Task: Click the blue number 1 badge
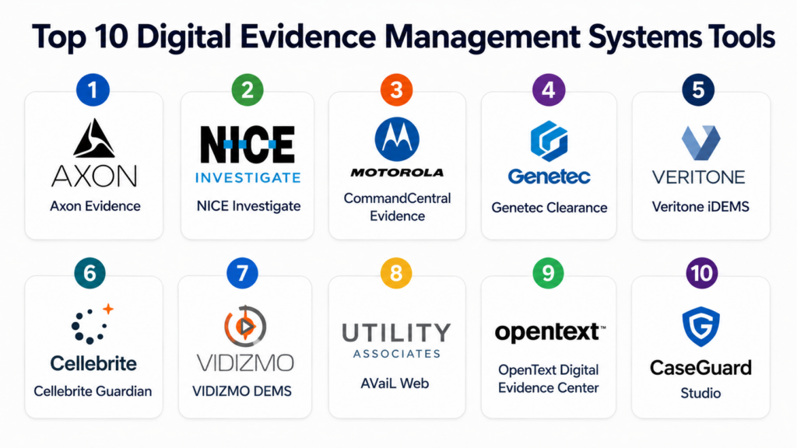[x=93, y=90]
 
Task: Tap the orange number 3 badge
[x=396, y=90]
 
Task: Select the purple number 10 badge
[x=701, y=273]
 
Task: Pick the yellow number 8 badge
[x=396, y=273]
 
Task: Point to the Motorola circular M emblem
[x=397, y=139]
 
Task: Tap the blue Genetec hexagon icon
[x=549, y=141]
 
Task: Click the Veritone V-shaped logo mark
[x=700, y=143]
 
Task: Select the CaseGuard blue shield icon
[x=701, y=326]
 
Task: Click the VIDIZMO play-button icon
[x=245, y=326]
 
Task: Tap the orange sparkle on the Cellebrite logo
[x=108, y=308]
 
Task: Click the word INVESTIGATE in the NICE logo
[x=248, y=177]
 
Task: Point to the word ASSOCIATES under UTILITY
[x=397, y=354]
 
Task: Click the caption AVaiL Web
[x=395, y=383]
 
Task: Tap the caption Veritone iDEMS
[x=700, y=207]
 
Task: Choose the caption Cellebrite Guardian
[x=93, y=391]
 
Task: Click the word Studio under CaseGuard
[x=700, y=393]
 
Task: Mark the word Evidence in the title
[x=307, y=37]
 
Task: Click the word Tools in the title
[x=740, y=37]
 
